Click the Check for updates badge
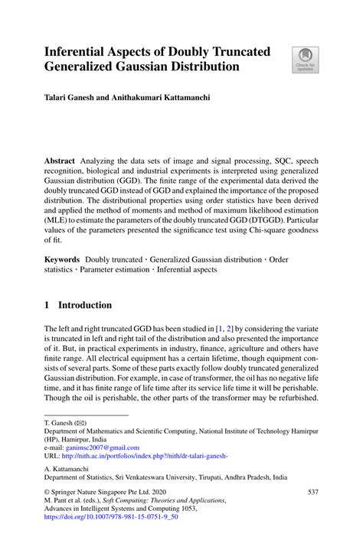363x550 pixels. tap(304, 60)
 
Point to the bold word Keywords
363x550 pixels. tap(62, 261)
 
